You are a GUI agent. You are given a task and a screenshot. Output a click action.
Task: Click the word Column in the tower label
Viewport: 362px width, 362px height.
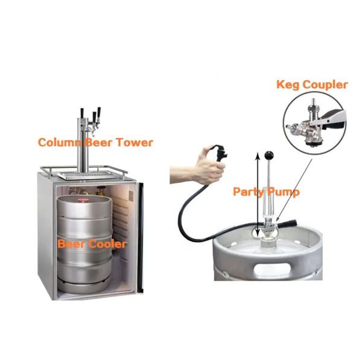[x=60, y=142]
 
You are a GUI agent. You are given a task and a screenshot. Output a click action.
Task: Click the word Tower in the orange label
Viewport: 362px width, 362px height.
[x=135, y=142]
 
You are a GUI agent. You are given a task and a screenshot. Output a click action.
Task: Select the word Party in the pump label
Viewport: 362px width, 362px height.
[x=247, y=192]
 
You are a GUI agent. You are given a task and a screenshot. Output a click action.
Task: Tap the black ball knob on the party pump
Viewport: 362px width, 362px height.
[x=268, y=154]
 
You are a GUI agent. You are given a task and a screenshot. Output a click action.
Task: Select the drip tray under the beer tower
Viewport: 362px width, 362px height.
[x=87, y=175]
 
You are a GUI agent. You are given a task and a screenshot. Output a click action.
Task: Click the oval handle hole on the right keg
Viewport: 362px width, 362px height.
[x=273, y=269]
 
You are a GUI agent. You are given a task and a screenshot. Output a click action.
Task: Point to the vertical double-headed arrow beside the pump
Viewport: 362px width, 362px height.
[x=258, y=194]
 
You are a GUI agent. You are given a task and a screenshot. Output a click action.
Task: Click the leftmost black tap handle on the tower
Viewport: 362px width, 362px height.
[x=81, y=113]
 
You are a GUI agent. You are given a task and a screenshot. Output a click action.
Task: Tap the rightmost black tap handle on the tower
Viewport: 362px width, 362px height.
[x=99, y=113]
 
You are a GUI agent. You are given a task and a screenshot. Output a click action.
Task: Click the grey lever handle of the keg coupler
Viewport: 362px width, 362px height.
[x=332, y=118]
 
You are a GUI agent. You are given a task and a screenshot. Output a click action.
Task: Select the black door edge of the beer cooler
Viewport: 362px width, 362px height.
[x=140, y=237]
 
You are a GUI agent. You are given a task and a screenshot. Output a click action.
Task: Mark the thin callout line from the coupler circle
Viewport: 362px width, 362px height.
[x=294, y=189]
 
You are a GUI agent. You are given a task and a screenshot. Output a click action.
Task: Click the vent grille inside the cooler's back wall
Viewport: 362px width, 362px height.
[x=131, y=195]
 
